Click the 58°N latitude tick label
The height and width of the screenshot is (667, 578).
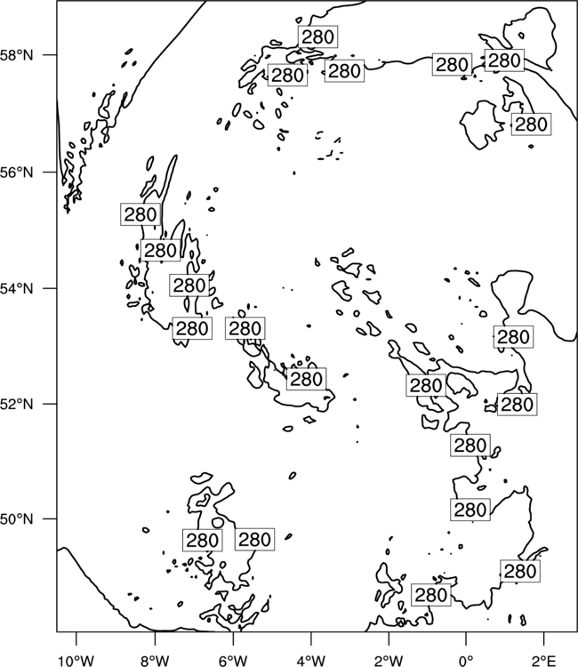coord(16,55)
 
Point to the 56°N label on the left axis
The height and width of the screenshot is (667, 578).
coord(16,173)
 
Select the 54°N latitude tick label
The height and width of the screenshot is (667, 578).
coord(16,289)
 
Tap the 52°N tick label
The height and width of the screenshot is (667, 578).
coord(16,404)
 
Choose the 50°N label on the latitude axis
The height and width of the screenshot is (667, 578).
coord(16,519)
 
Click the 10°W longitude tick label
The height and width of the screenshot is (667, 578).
coord(76,661)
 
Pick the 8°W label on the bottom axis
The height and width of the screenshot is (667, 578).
coord(155,661)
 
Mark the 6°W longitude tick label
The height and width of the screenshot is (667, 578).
coord(233,661)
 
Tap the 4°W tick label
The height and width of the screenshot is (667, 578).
coord(311,661)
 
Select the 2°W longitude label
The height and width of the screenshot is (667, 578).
coord(389,661)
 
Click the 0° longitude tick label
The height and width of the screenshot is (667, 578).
coord(466,661)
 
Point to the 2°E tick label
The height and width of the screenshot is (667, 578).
coord(544,661)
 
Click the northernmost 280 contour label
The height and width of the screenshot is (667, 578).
coord(317,37)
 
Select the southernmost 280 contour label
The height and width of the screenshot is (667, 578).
coord(431,595)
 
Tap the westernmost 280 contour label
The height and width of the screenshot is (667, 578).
coord(140,214)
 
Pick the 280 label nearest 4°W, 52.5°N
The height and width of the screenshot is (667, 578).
coord(306,379)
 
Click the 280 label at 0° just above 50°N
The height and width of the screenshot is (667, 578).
coord(470,510)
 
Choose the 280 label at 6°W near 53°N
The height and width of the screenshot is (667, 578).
coord(245,328)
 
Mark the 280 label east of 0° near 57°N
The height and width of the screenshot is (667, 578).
coord(531,125)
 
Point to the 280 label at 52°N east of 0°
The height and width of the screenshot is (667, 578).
coord(517,404)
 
